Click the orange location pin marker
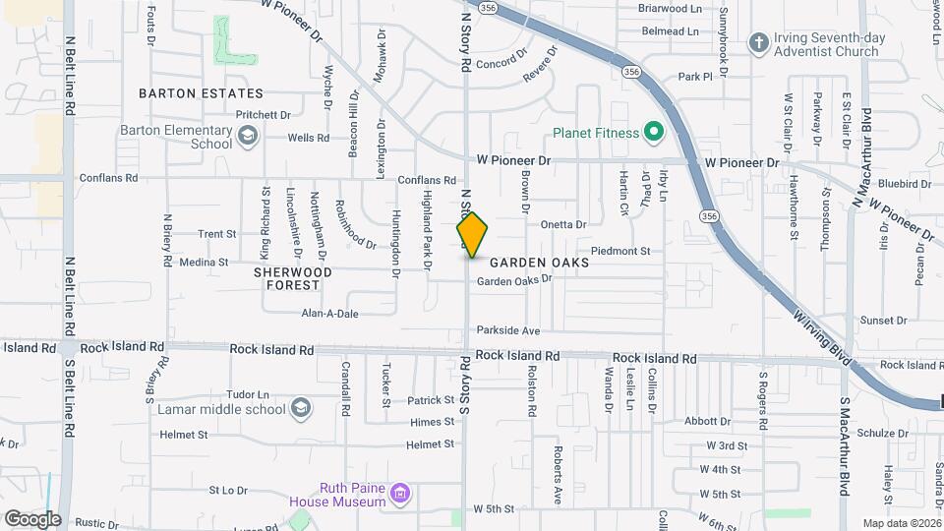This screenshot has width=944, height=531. [473, 235]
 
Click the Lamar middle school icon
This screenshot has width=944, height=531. [301, 407]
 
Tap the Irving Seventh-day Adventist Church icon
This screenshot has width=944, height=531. [757, 42]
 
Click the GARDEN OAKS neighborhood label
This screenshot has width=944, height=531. [540, 263]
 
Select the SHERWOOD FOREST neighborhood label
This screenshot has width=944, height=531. [293, 277]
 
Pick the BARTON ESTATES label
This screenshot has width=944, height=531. [201, 93]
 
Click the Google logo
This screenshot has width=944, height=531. [31, 519]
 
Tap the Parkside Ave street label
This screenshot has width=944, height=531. [508, 330]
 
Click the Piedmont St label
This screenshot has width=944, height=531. [619, 252]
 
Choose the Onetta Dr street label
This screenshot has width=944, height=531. [562, 224]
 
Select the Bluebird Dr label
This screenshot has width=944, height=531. [906, 184]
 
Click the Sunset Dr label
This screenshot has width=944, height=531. [883, 321]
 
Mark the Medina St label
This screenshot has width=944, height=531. [204, 263]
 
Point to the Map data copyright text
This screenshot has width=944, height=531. [901, 523]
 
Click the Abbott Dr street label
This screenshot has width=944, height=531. [709, 421]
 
